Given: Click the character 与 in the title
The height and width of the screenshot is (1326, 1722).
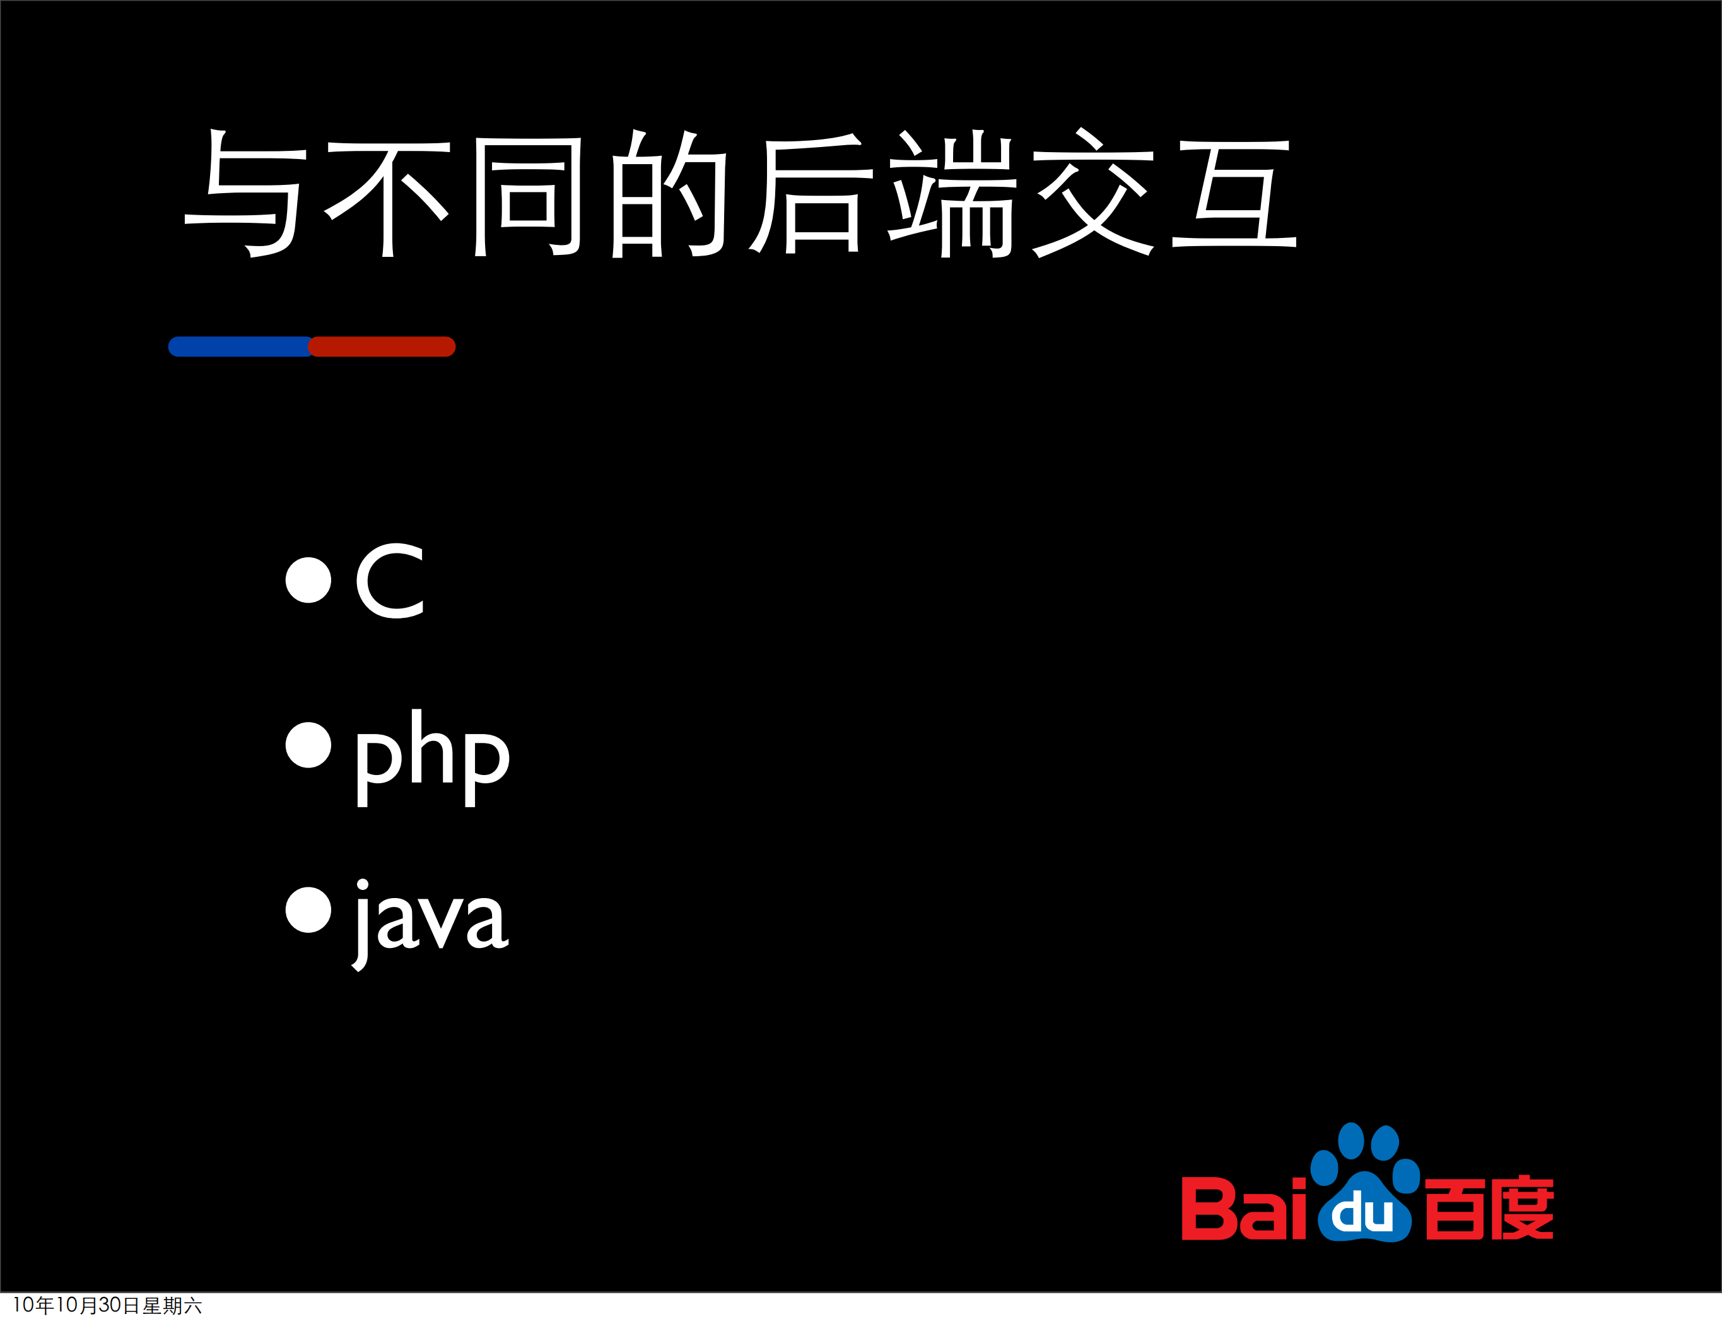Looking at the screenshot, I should [x=245, y=193].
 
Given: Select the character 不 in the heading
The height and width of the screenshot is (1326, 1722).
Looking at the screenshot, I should [x=386, y=197].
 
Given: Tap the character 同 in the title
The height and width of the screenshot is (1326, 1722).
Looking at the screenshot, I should [x=527, y=196].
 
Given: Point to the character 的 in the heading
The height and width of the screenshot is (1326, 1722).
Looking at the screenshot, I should [x=669, y=194].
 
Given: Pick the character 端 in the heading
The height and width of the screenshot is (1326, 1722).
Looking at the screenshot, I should [x=952, y=194].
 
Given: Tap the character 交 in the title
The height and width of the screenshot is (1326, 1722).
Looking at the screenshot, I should [x=1092, y=194].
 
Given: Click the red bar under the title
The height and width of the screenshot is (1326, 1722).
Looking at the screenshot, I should [x=382, y=346].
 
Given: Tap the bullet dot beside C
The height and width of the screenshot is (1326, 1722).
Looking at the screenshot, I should [x=308, y=580].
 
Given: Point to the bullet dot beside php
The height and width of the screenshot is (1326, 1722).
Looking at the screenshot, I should [x=308, y=745].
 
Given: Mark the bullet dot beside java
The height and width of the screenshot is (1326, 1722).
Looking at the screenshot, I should [x=308, y=909].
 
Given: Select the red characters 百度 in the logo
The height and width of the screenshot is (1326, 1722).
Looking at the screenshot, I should [x=1489, y=1209].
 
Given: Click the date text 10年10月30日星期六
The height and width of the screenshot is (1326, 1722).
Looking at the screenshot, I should [x=107, y=1306].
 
